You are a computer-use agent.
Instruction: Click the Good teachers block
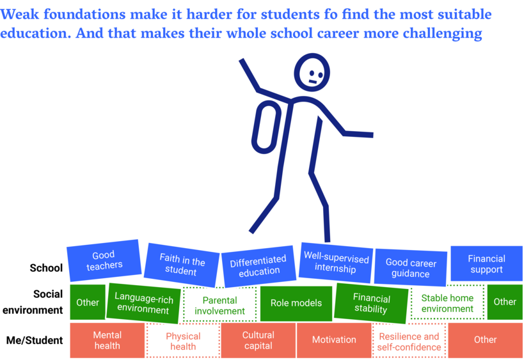tap(104, 260)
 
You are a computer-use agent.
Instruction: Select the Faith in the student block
tap(182, 265)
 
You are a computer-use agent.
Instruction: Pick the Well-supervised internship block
tap(336, 263)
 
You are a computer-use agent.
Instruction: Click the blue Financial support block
tap(486, 263)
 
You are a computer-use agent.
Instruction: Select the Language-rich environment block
tap(143, 303)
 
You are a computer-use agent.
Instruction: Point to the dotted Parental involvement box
tap(220, 304)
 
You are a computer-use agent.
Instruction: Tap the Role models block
tap(296, 303)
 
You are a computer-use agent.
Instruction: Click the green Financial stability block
tap(371, 304)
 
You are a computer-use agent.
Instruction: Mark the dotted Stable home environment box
tap(447, 302)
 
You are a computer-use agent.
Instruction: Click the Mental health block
tap(107, 340)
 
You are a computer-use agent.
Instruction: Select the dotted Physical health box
tap(183, 341)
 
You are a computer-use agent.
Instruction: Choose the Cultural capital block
tap(258, 340)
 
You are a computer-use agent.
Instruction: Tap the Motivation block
tap(334, 340)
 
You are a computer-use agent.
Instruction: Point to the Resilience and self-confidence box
tap(409, 341)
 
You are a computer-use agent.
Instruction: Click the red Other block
tap(486, 340)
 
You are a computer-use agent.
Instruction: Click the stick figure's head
tap(312, 72)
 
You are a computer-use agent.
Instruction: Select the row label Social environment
tap(33, 302)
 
